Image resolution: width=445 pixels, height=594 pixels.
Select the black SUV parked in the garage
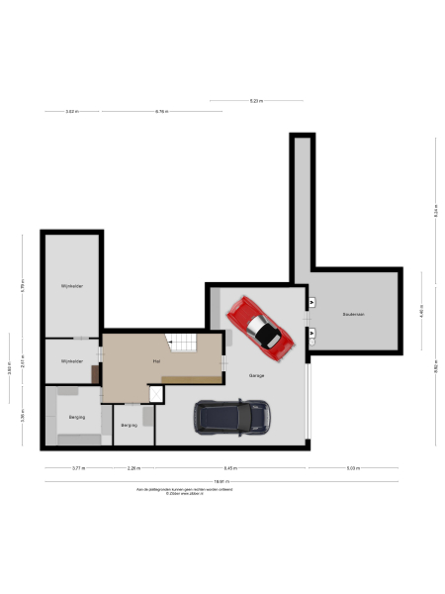232,417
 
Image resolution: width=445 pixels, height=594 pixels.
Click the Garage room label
256,375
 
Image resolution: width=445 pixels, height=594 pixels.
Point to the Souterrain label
354,314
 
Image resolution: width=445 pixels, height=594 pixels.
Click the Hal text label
156,362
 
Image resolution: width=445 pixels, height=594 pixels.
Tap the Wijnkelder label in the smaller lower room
71,361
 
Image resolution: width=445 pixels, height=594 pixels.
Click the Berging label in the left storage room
76,418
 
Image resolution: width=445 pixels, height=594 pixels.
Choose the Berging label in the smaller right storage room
129,425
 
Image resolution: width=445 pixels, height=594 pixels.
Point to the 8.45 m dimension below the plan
229,467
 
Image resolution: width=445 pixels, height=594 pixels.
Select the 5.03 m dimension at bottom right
353,467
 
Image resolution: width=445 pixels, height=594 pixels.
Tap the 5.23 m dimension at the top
255,101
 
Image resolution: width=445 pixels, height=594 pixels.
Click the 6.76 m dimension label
161,112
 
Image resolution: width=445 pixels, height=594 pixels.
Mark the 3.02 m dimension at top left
71,112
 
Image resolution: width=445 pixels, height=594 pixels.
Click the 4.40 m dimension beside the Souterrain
421,311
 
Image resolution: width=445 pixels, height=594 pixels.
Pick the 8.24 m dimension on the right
435,211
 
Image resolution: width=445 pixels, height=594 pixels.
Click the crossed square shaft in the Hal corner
155,394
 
